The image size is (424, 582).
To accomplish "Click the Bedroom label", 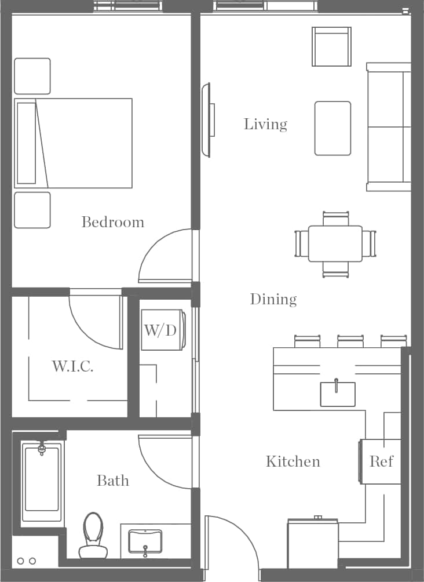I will pos(112,222).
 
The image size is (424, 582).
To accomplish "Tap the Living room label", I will pos(265,124).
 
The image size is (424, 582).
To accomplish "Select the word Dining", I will pos(273,299).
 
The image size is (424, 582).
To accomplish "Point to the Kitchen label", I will pos(293,461).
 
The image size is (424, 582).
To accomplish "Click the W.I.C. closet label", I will pos(72,366).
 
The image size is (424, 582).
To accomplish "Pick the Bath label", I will pos(112,481).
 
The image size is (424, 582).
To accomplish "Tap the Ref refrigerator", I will pos(381,461).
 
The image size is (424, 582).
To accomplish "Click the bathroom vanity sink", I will pos(145,541).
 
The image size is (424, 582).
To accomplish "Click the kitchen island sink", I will pos(338,394).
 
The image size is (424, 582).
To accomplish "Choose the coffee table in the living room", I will pos(332,128).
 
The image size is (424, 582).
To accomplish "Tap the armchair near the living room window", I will pos(331,46).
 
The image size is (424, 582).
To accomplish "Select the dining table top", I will pos(335,243).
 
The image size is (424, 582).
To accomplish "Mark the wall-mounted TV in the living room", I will pos(206,120).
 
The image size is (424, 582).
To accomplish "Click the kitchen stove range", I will pos(313,545).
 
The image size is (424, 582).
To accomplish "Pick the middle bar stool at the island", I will pos(350,341).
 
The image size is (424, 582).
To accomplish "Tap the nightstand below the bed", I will pos(32,210).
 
